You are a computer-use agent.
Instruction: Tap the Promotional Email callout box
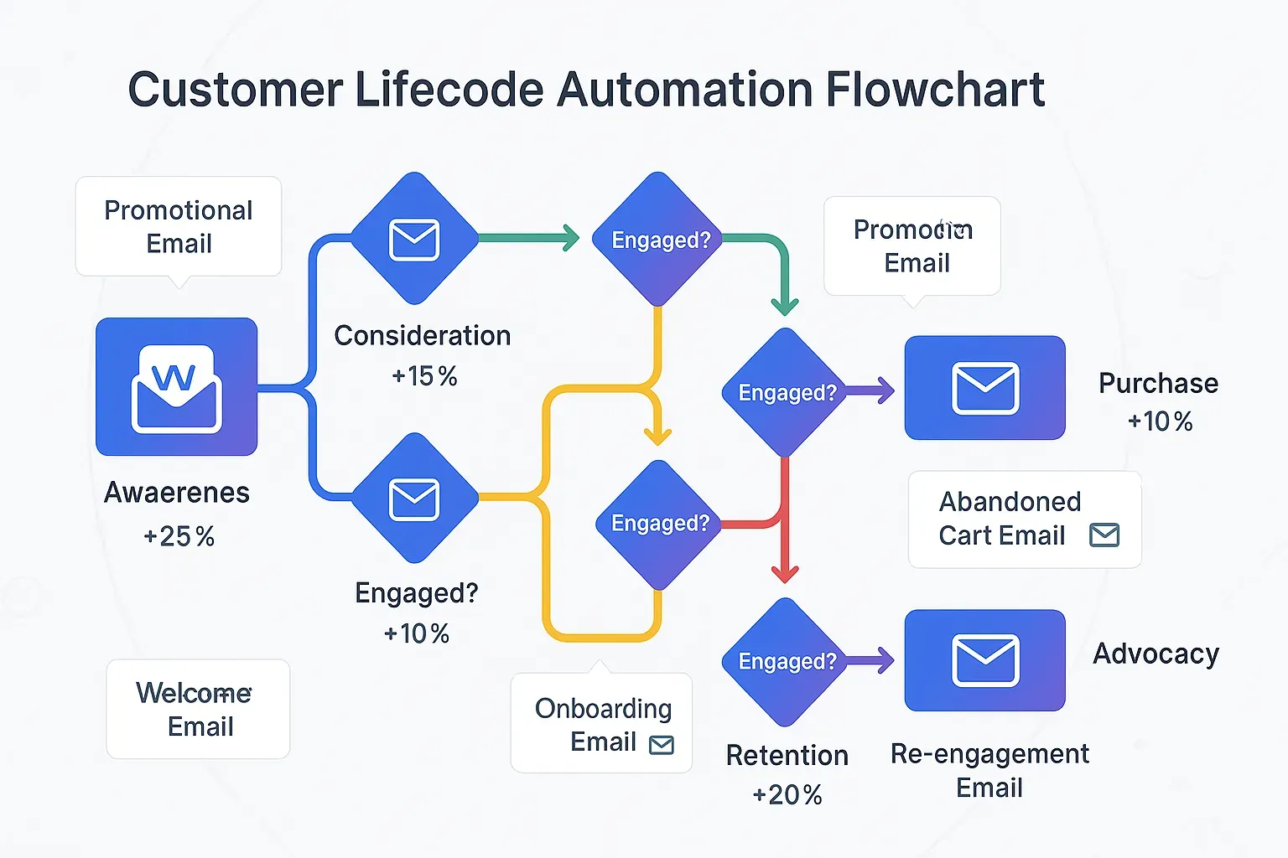click(179, 226)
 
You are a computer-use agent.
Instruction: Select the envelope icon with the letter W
click(176, 387)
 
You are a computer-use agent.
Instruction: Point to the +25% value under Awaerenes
click(179, 536)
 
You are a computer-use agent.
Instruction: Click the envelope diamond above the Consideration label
click(414, 239)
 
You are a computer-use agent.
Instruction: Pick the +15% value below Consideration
click(424, 376)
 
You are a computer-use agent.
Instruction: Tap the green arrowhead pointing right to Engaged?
click(571, 238)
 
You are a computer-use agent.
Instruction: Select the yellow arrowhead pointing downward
click(657, 435)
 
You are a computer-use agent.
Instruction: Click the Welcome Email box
click(199, 709)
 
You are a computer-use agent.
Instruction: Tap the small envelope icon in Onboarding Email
click(662, 745)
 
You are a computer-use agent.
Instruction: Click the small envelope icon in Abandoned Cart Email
click(1104, 535)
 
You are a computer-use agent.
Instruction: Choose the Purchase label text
click(1158, 383)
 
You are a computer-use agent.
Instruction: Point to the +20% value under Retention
click(787, 795)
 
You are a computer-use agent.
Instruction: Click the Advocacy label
click(1156, 654)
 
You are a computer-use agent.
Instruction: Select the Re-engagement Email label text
click(989, 770)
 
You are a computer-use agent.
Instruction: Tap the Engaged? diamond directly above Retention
click(787, 661)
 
